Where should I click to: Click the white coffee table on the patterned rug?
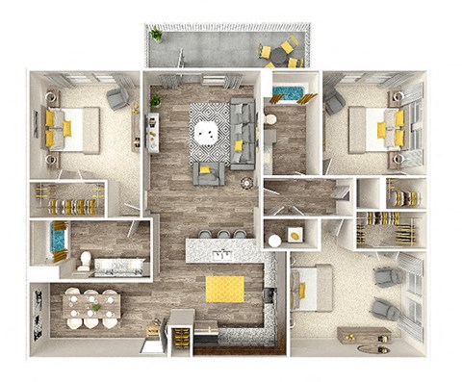207,132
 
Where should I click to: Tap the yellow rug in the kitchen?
224,288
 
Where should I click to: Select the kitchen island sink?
221,254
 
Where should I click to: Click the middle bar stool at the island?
223,234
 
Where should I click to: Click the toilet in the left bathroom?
85,259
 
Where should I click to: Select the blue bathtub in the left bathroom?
57,242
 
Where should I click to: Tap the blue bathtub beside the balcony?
287,95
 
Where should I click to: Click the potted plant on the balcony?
156,36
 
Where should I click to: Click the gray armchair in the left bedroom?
117,98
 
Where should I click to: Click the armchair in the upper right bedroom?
334,102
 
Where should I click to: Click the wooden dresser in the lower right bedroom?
363,334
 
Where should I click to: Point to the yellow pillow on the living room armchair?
205,169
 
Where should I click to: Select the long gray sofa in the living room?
243,132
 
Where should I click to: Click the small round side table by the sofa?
246,182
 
